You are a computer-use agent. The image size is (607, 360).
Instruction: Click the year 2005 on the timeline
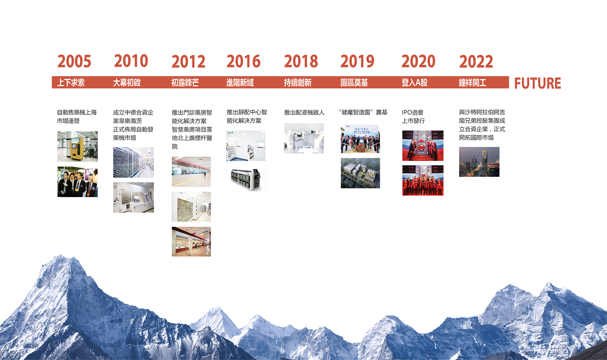(x=74, y=61)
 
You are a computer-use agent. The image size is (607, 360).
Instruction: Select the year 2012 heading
(x=188, y=61)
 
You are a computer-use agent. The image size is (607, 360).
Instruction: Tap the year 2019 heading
(x=357, y=61)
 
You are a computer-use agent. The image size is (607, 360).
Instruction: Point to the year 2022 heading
(x=476, y=61)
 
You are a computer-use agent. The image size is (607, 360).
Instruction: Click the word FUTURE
(x=537, y=83)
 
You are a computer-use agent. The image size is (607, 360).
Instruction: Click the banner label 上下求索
(x=71, y=82)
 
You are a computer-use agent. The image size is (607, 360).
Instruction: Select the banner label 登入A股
(x=414, y=82)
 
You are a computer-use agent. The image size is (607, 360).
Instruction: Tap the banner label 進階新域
(x=240, y=82)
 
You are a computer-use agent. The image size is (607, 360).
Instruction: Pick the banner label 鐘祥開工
(x=472, y=82)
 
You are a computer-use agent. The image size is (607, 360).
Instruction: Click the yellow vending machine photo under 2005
(x=77, y=146)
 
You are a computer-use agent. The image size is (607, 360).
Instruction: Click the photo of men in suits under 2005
(x=77, y=182)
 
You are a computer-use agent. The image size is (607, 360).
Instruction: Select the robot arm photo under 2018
(x=304, y=138)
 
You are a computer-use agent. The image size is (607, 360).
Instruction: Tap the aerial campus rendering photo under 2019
(x=360, y=173)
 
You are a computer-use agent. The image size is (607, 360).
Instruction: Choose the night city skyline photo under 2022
(x=479, y=162)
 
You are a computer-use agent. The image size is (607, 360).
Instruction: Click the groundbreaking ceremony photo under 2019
(x=360, y=138)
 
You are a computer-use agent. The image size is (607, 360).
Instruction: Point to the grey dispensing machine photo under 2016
(x=246, y=179)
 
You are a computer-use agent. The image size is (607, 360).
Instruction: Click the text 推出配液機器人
(x=304, y=112)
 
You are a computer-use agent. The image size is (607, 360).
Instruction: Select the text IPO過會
(x=413, y=112)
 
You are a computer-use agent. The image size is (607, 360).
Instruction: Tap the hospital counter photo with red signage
(x=191, y=241)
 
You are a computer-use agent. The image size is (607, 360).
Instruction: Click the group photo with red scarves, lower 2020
(x=423, y=180)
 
